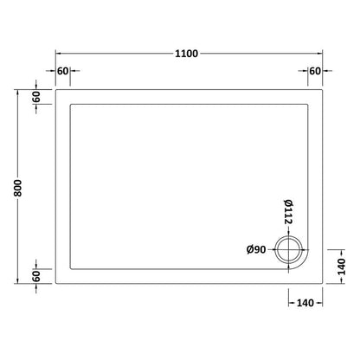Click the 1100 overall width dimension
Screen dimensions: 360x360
pyautogui.click(x=186, y=54)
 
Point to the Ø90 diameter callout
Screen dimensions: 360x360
pyautogui.click(x=255, y=251)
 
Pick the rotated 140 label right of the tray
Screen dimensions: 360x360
pyautogui.click(x=342, y=258)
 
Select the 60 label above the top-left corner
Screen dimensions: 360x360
pyautogui.click(x=62, y=71)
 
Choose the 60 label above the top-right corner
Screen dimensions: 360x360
pyautogui.click(x=314, y=71)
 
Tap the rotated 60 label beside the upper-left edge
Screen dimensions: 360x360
pyautogui.click(x=36, y=97)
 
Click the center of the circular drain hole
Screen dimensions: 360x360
pyautogui.click(x=289, y=251)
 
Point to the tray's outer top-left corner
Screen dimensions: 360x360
pyautogui.click(x=56, y=90)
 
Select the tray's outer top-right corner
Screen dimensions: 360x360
pyautogui.click(x=323, y=90)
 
